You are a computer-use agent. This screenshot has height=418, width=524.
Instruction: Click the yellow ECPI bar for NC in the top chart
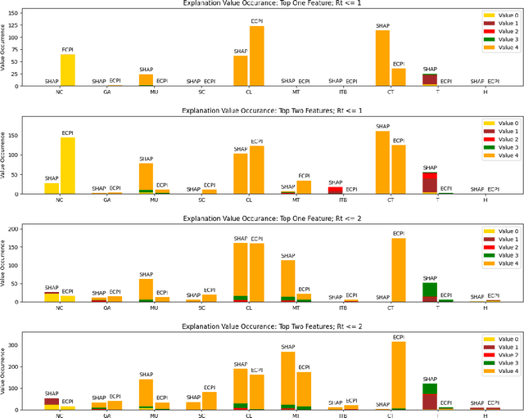[67, 69]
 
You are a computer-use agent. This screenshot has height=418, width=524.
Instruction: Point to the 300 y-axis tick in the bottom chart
[19, 346]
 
